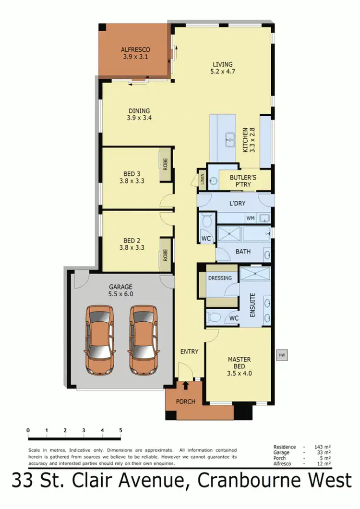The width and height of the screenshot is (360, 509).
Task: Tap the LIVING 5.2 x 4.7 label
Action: (x=223, y=68)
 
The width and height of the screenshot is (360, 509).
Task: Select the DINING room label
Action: (x=139, y=114)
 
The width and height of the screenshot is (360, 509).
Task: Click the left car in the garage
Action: (x=100, y=340)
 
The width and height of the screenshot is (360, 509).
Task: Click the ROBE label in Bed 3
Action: (x=165, y=165)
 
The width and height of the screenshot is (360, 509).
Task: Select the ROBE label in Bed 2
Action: (x=165, y=254)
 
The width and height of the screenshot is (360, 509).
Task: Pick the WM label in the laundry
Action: (x=250, y=218)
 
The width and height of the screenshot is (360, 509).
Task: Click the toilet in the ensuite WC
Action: (x=214, y=317)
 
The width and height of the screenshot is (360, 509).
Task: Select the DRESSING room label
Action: (x=220, y=278)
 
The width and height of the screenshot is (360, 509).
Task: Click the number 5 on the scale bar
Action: (x=120, y=430)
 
